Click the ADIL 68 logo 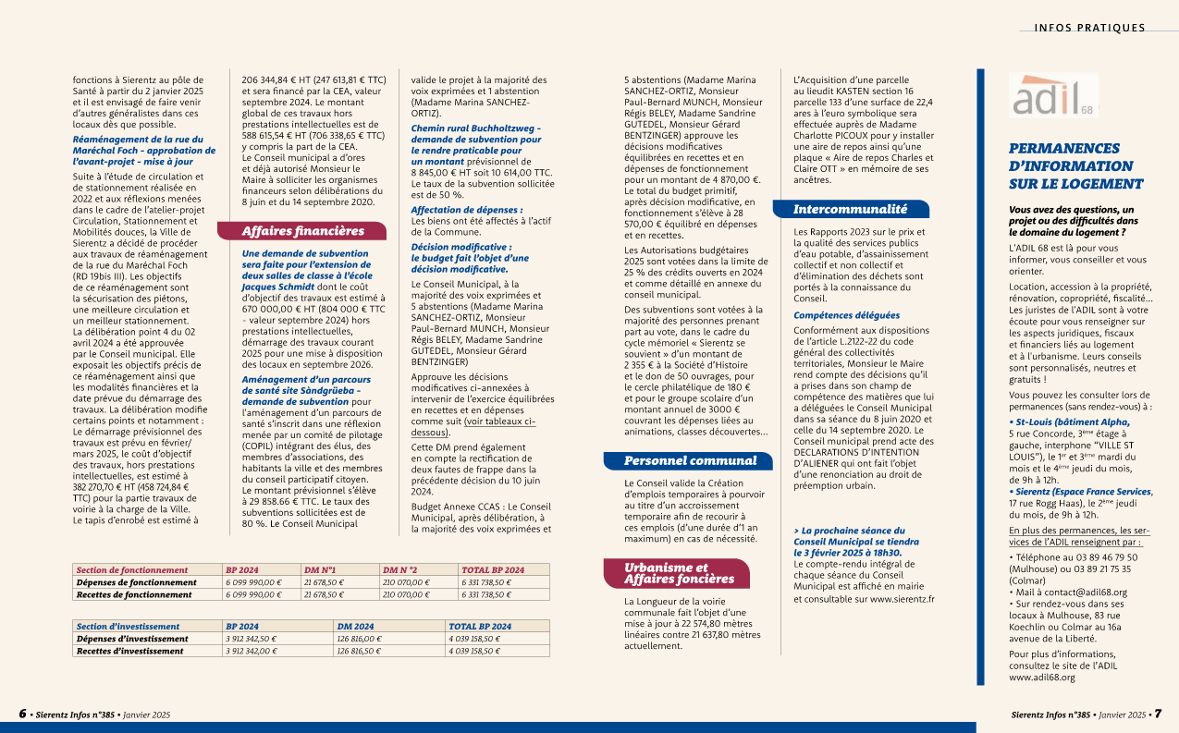[x=1053, y=94]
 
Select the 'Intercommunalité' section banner [x=850, y=210]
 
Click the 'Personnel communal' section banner [x=689, y=460]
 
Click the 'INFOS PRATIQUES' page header [x=1089, y=28]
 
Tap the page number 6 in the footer [x=23, y=715]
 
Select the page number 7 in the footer [x=1157, y=715]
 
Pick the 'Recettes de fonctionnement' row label [x=134, y=594]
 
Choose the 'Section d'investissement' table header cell [x=129, y=627]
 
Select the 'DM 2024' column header [x=355, y=627]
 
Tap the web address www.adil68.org [x=1042, y=678]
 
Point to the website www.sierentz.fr [x=902, y=599]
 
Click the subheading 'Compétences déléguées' [x=846, y=315]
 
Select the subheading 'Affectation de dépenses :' [x=467, y=210]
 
